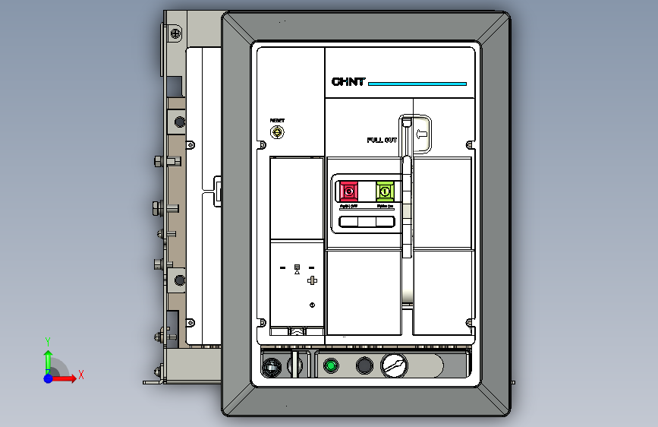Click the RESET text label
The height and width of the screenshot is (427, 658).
click(x=277, y=121)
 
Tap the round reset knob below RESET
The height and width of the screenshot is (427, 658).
click(x=278, y=133)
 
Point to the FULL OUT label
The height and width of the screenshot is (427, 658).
click(x=382, y=140)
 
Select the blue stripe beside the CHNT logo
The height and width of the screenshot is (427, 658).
click(x=417, y=84)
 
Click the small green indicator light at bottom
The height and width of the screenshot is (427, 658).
click(x=330, y=366)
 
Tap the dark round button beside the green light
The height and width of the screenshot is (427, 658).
click(x=364, y=366)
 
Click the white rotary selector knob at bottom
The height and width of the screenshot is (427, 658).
click(x=394, y=365)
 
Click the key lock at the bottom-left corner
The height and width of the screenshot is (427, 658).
click(x=270, y=368)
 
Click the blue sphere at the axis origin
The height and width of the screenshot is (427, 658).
click(x=49, y=378)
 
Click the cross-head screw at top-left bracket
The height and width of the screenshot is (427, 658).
click(x=175, y=33)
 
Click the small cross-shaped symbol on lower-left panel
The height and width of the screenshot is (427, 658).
click(x=311, y=281)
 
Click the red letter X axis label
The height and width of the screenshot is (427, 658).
click(x=80, y=375)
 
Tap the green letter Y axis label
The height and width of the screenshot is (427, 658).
click(x=48, y=341)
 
